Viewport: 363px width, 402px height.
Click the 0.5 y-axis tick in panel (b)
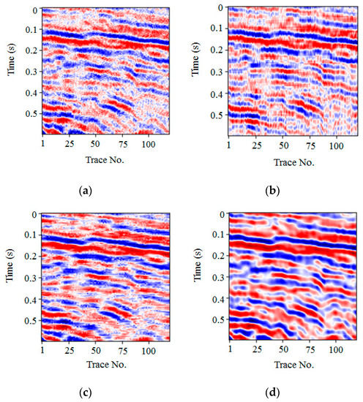pos(217,115)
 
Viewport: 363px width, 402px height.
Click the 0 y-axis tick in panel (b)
pos(220,8)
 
